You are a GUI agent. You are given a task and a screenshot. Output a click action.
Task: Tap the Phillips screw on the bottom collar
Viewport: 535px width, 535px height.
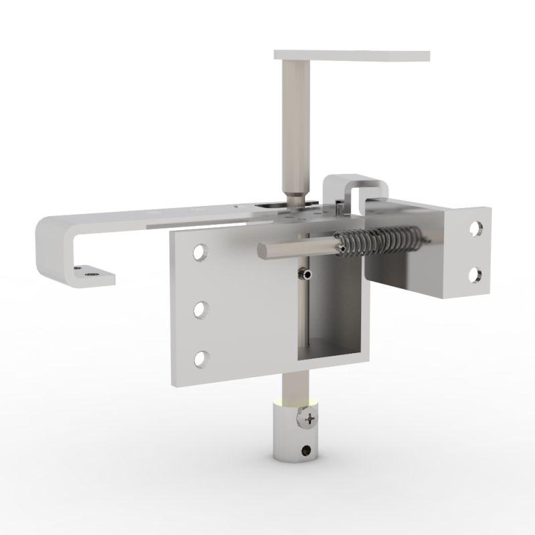tap(309, 420)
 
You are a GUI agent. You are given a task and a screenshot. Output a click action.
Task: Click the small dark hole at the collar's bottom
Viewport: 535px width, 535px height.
tap(307, 450)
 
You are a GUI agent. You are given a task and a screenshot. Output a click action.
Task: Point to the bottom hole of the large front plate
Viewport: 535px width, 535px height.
tap(200, 358)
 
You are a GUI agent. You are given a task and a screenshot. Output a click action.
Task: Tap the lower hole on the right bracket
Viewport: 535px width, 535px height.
tap(475, 274)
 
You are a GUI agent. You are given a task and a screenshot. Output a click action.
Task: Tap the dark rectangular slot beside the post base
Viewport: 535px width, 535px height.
tap(271, 205)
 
